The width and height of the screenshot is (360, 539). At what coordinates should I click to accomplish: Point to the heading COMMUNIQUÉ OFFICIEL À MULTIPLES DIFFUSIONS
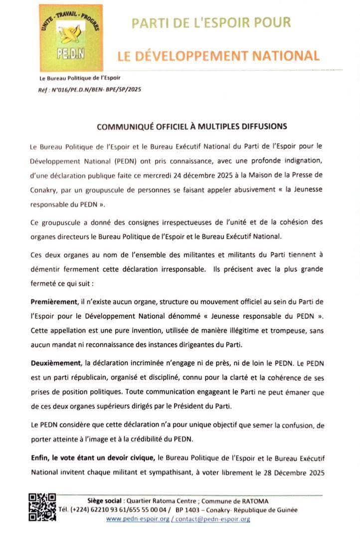point(191,127)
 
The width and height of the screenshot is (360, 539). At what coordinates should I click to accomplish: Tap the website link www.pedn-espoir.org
point(137,519)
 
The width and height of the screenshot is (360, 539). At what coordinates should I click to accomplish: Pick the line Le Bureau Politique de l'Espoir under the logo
point(80,78)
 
